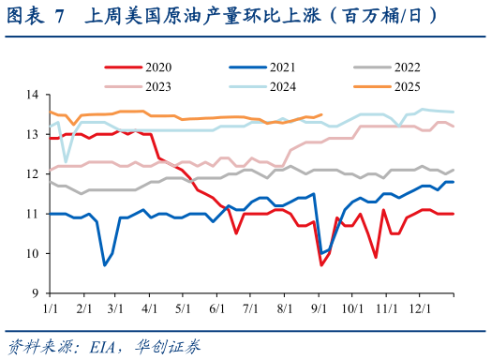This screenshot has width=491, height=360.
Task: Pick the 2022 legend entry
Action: [x=407, y=67]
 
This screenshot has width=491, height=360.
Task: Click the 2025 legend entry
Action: [x=407, y=85]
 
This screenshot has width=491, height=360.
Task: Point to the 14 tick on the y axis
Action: [x=33, y=96]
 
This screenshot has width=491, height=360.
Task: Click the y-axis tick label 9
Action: [x=36, y=292]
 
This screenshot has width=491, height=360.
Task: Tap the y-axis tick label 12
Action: [x=33, y=174]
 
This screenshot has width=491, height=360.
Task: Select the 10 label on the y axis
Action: [x=33, y=253]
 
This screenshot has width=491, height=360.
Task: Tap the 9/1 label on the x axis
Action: [x=319, y=307]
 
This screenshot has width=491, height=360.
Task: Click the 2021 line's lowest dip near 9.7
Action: [x=104, y=265]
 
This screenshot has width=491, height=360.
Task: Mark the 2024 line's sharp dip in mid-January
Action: [x=66, y=161]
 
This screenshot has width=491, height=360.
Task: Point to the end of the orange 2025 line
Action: [x=321, y=114]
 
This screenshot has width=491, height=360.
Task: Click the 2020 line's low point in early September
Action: [x=321, y=265]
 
